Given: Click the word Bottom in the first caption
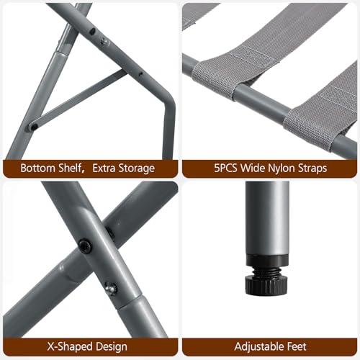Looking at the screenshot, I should click(x=37, y=168).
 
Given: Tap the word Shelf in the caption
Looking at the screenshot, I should click(x=71, y=168).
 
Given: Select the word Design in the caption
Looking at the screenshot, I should click(x=114, y=347).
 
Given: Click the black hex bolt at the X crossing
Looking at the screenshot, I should click(x=86, y=246).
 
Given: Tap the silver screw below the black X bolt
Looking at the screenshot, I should click(x=110, y=288).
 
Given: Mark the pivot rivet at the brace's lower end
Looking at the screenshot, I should click(x=33, y=127).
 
